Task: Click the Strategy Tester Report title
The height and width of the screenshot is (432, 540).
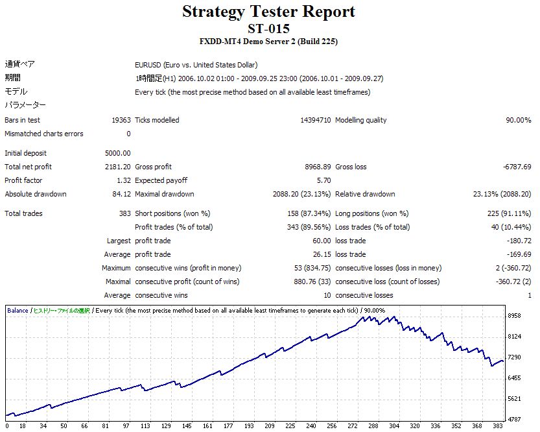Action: pos(268,12)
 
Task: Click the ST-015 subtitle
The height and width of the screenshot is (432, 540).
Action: pos(268,29)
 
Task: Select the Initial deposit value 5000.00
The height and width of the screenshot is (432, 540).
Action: pos(117,153)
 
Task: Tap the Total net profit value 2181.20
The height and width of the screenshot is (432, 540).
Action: pos(117,167)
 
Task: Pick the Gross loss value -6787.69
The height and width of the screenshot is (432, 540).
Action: pos(517,167)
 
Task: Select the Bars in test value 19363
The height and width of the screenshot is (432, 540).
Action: pos(121,120)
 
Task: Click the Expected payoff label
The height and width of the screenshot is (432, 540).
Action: pos(161,180)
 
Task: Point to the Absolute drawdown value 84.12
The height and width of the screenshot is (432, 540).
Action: pos(121,194)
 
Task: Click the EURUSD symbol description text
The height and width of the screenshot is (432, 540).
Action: pos(196,65)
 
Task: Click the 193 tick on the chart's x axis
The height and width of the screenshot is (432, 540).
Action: pos(249,426)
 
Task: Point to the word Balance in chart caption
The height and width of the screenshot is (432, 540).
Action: pos(18,310)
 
